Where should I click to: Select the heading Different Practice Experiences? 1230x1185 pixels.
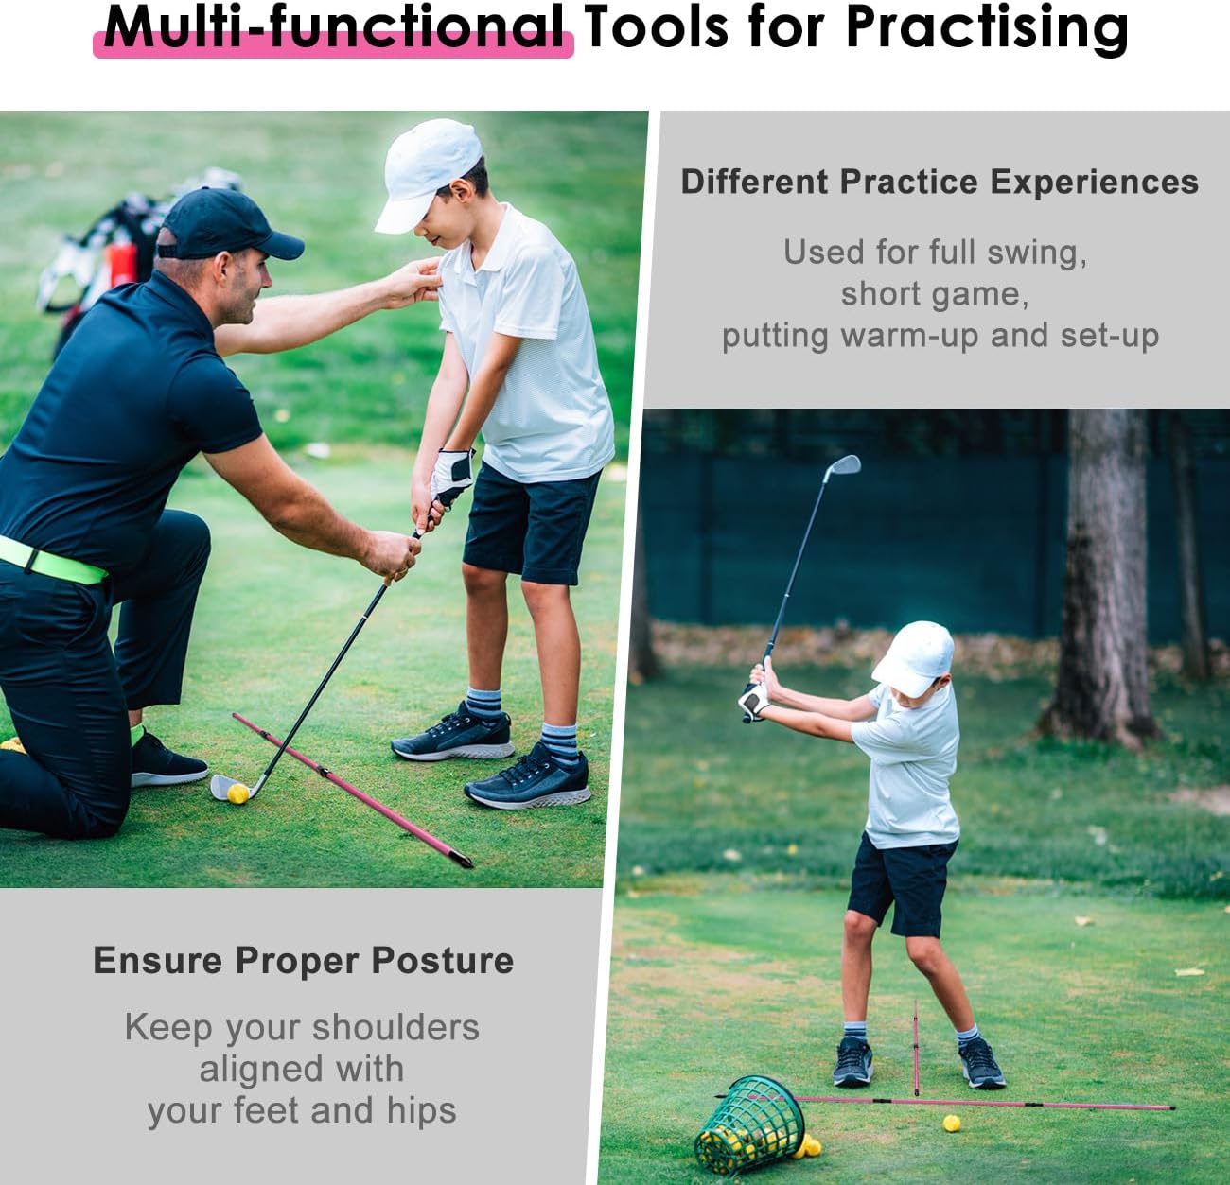[939, 182]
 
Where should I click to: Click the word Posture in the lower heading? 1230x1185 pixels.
[442, 961]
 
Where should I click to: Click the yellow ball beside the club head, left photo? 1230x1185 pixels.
[238, 793]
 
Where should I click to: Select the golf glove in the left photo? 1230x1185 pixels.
[451, 475]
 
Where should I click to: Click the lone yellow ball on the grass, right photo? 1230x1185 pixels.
[952, 1124]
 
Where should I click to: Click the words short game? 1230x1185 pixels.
[934, 294]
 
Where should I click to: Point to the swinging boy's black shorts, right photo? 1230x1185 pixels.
[899, 881]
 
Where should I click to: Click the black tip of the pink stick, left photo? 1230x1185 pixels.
[463, 859]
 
